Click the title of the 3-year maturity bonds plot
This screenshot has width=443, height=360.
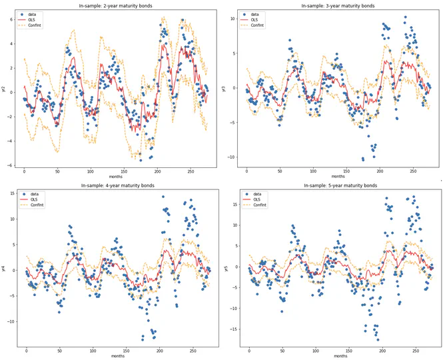point(338,6)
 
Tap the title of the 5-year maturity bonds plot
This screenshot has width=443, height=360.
point(338,185)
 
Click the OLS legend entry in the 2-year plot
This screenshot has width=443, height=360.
point(35,19)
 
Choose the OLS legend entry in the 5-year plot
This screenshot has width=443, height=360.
point(258,199)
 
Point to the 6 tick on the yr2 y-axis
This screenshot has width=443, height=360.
point(11,19)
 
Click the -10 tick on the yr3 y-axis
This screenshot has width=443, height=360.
point(232,157)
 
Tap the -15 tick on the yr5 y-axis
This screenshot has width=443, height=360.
point(232,329)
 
